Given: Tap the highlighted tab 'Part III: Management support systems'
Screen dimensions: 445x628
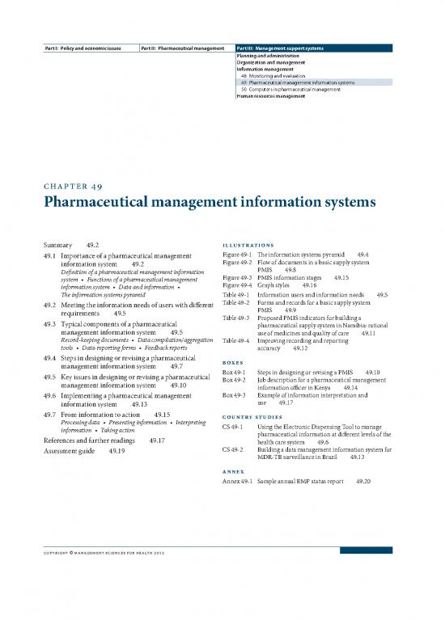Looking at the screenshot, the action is [281, 48].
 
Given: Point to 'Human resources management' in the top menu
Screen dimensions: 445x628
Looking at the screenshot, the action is [271, 95].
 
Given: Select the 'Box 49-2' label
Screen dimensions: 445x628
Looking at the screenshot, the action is [233, 379].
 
